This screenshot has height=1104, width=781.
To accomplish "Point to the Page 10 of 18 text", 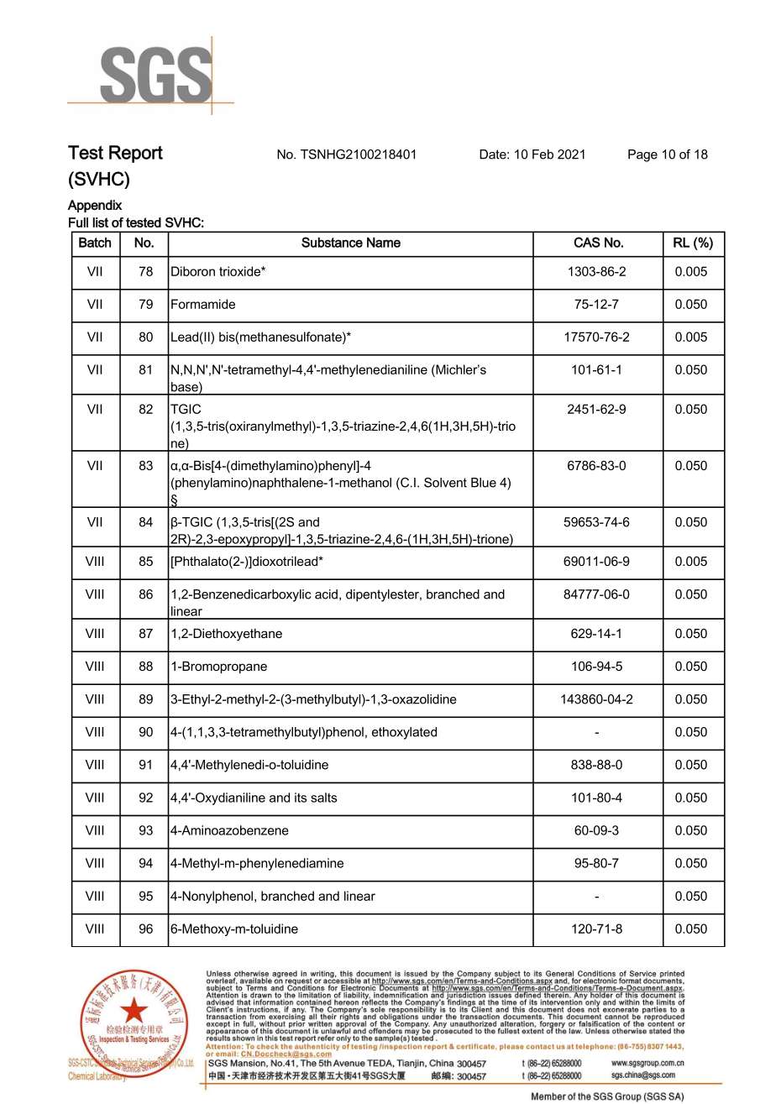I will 667,154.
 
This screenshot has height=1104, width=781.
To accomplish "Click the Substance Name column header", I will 350,243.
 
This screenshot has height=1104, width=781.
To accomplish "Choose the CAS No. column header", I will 598,243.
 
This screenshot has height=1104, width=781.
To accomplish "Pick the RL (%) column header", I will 692,243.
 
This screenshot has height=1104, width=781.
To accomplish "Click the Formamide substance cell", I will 203,305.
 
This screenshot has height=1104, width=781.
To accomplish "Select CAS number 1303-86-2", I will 596,272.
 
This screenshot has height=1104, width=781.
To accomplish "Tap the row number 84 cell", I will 146,522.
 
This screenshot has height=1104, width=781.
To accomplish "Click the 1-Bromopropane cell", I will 219,667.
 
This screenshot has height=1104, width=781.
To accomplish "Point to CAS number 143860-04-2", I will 596,699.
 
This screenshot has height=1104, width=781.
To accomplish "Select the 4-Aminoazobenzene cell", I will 229,830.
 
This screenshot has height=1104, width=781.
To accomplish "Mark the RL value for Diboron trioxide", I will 691,272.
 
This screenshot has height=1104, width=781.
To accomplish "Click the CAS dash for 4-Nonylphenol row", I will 596,896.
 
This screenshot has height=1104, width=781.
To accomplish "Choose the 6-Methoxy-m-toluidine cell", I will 234,929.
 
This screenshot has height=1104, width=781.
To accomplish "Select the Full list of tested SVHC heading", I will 136,223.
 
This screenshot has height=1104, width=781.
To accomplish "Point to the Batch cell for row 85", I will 95,562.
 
